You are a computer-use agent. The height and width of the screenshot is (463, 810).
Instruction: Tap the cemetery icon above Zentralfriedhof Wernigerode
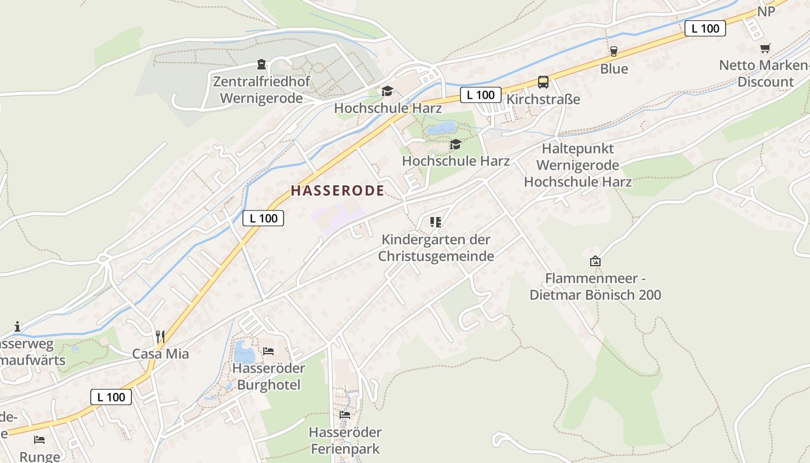click(261, 64)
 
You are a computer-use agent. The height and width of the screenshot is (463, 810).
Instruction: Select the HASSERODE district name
click(337, 190)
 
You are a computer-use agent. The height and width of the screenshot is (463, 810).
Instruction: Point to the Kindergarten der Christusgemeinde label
click(436, 248)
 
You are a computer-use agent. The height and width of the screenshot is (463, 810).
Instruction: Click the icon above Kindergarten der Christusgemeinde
click(436, 222)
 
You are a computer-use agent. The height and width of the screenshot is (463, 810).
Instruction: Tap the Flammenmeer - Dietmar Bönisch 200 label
click(595, 286)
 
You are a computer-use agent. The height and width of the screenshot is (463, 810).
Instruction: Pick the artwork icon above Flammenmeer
click(595, 261)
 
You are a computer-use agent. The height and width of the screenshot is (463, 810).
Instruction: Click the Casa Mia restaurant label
click(160, 354)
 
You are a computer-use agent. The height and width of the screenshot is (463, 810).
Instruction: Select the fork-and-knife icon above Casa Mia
click(160, 335)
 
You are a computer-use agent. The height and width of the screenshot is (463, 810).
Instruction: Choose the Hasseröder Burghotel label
click(268, 376)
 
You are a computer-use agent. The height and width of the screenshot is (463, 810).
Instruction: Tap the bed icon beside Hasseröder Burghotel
click(268, 351)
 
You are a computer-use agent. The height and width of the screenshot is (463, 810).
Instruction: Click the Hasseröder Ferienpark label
click(345, 440)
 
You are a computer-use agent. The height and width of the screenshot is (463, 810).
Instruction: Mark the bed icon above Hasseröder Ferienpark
click(345, 414)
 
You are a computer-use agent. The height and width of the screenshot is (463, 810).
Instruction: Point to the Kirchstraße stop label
click(543, 100)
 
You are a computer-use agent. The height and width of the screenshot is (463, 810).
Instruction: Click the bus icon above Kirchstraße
click(543, 82)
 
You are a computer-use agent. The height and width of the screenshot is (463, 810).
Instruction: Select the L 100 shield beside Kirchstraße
click(481, 95)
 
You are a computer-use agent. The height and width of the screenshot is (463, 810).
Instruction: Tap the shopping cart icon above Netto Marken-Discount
click(765, 49)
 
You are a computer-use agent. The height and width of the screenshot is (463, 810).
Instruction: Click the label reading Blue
click(614, 69)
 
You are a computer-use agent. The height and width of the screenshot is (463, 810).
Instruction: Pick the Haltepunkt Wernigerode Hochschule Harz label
click(577, 165)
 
